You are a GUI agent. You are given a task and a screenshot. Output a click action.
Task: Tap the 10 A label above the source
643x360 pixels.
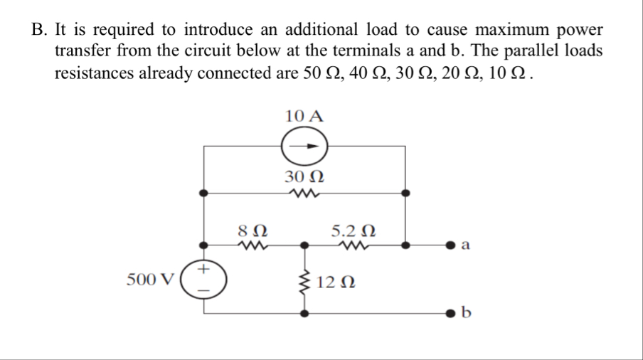click(x=304, y=116)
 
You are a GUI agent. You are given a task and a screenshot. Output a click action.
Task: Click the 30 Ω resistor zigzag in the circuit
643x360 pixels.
click(x=304, y=193)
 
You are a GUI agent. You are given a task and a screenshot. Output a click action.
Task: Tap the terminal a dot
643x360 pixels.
click(x=450, y=246)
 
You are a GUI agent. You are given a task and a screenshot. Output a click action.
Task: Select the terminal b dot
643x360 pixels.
click(x=450, y=312)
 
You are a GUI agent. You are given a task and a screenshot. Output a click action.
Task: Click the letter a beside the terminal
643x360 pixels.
click(x=467, y=246)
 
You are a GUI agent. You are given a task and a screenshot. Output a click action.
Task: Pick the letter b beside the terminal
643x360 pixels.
click(x=467, y=312)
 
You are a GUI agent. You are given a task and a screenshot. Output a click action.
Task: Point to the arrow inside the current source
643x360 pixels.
click(x=306, y=147)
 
